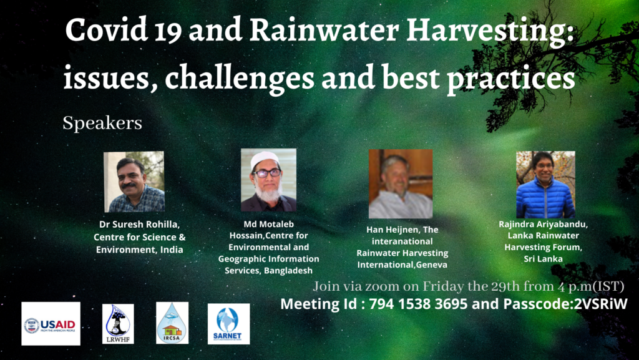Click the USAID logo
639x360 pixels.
[51, 324]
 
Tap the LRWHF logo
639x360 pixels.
[119, 324]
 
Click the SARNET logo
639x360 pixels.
[228, 324]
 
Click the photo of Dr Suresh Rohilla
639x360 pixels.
[134, 182]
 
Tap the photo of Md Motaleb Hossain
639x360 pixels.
[268, 180]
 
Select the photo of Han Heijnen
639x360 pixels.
[401, 183]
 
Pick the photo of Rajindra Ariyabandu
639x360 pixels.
[545, 184]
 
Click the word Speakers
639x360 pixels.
[102, 123]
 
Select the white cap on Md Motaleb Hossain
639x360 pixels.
[266, 158]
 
